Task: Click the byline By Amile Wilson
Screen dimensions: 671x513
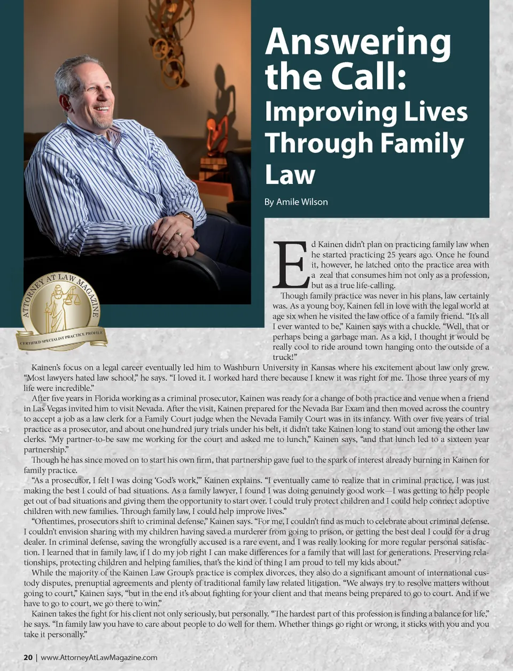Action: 296,202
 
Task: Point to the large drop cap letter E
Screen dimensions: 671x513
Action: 290,265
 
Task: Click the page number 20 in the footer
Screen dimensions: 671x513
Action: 28,658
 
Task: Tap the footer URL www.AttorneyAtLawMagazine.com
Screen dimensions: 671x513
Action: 99,658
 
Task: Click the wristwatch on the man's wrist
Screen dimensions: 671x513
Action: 186,217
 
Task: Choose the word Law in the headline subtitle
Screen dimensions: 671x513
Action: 290,175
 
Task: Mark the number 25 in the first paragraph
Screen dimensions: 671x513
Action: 392,255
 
